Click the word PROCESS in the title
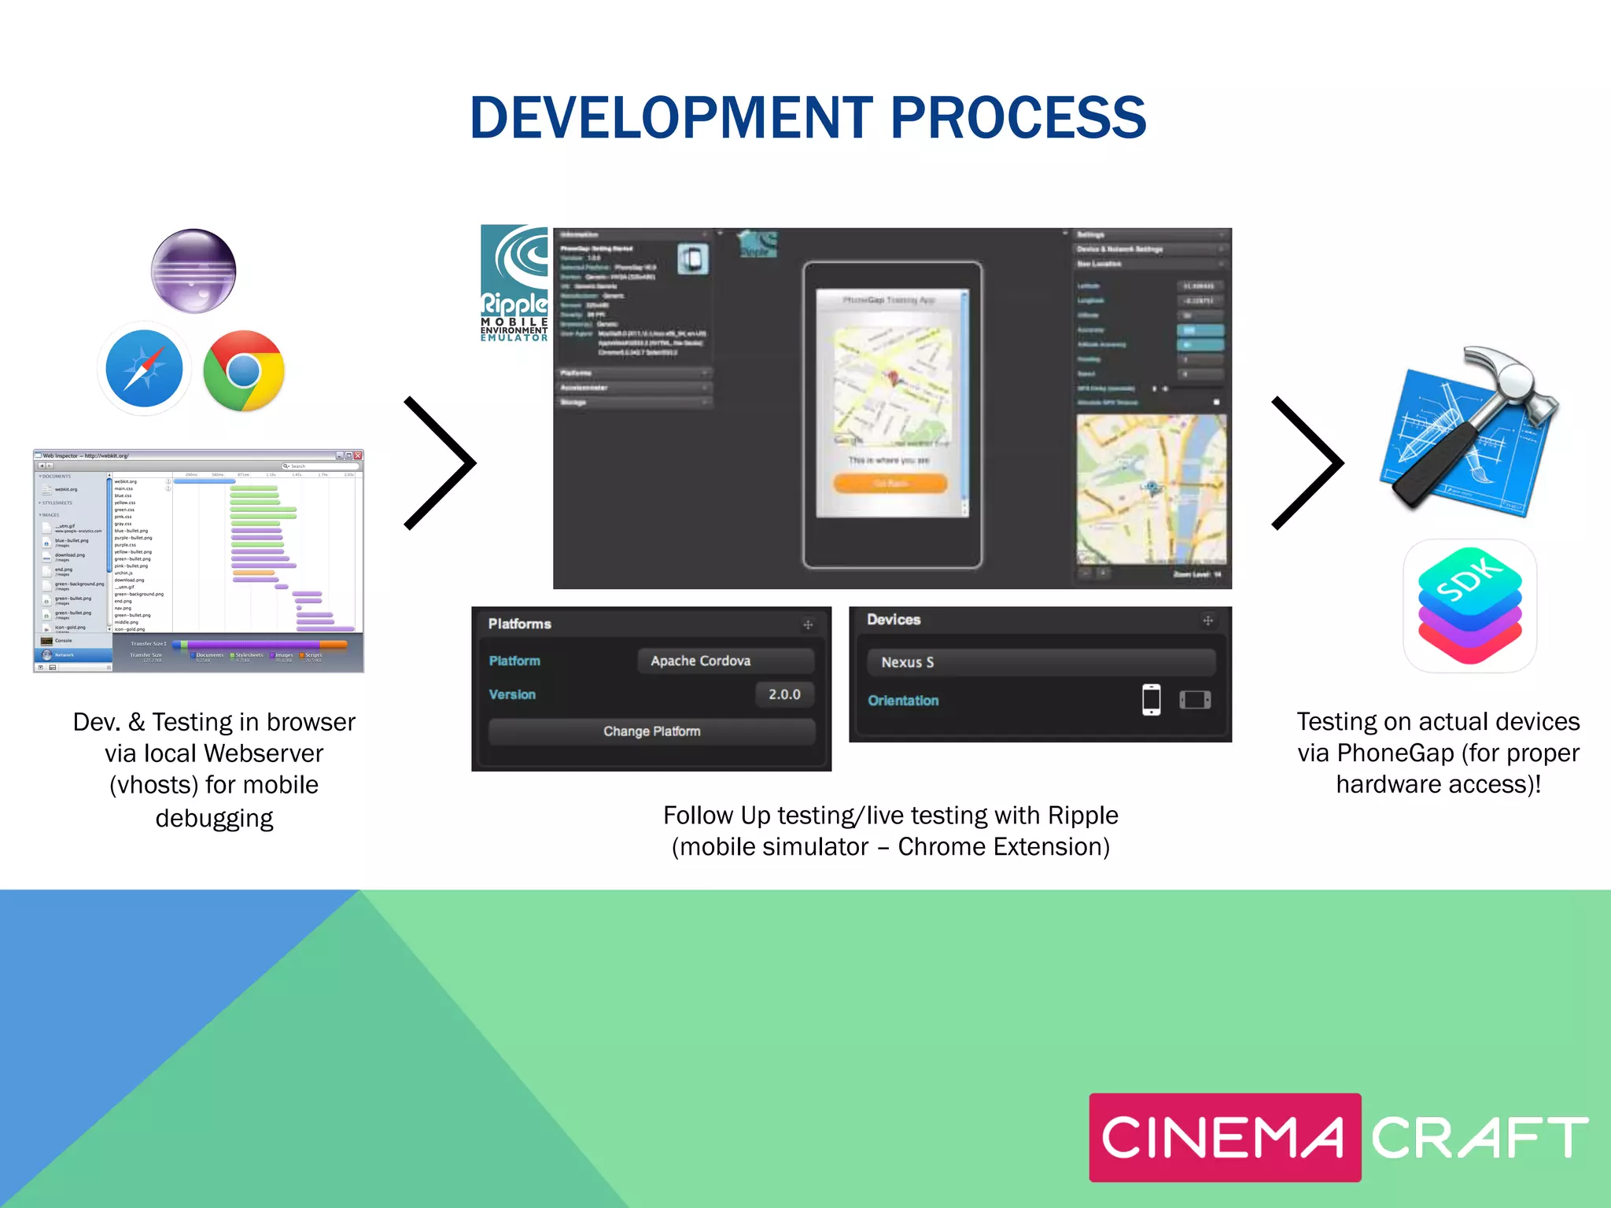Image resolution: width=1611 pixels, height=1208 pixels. click(1018, 118)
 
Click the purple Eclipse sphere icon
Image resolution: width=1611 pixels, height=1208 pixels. click(194, 271)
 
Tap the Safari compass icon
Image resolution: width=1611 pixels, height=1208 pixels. click(144, 369)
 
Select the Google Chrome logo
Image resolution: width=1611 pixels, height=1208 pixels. click(244, 370)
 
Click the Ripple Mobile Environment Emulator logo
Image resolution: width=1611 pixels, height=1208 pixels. click(514, 284)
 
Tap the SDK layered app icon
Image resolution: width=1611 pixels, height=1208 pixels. click(1469, 606)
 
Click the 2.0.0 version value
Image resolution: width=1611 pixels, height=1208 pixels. click(784, 694)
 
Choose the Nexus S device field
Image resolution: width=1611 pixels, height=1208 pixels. click(1040, 662)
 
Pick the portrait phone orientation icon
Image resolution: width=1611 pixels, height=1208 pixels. click(1151, 699)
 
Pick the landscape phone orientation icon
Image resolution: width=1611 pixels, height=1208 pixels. click(1195, 699)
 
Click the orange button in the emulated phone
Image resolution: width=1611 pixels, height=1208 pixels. click(890, 483)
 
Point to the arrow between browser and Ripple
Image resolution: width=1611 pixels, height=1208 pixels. click(441, 463)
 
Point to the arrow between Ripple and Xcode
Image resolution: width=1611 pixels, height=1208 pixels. click(1308, 463)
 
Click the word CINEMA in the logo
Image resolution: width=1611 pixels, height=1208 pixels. click(1223, 1138)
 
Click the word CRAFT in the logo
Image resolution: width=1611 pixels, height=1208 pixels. click(1480, 1138)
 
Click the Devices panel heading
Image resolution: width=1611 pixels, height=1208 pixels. click(894, 620)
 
